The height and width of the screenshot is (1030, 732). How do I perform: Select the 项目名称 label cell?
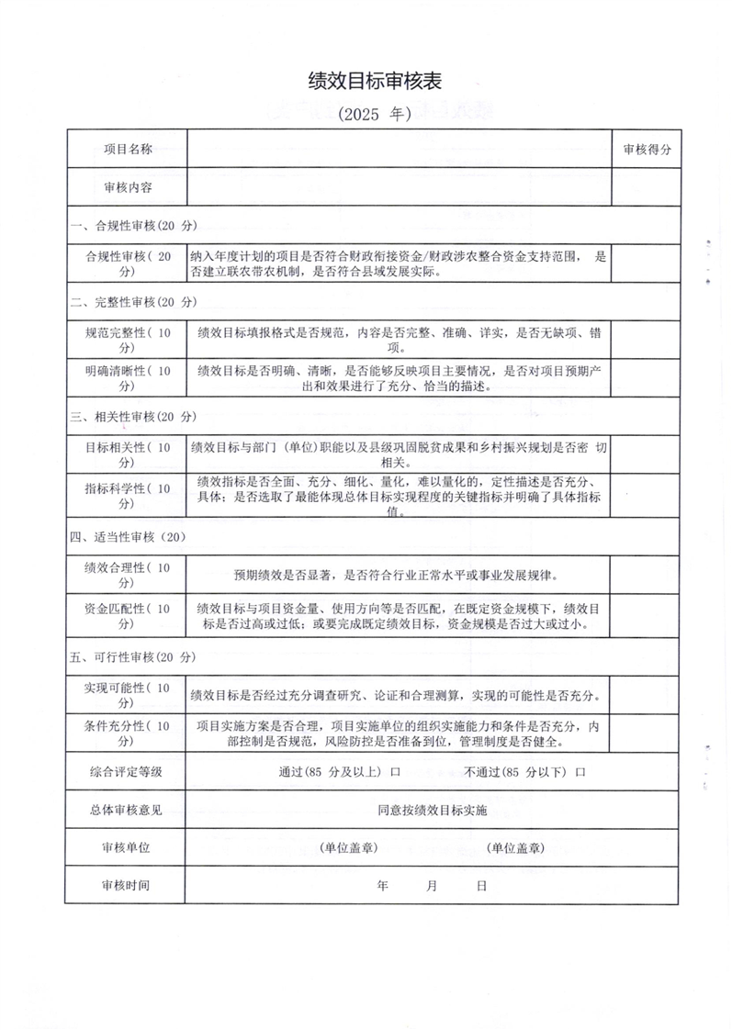pos(128,149)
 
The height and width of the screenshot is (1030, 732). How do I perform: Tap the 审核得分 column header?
pos(648,149)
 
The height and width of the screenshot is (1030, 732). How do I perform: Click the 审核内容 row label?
pos(128,187)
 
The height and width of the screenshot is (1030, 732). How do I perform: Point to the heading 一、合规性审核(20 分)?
pos(134,225)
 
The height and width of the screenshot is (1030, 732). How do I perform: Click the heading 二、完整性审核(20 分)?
pos(134,302)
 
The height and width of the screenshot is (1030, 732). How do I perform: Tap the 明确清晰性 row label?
pos(127,378)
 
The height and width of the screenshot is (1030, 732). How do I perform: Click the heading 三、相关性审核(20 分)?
pos(134,417)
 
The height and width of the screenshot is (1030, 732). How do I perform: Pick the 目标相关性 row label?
pos(127,454)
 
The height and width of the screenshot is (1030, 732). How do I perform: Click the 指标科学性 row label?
pos(127,496)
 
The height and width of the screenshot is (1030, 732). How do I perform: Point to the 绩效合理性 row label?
pos(127,576)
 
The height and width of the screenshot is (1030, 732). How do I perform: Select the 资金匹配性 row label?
pos(127,616)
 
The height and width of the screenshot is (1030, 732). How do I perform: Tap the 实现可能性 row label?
pos(127,695)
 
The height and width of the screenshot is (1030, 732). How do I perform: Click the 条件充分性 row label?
pos(127,734)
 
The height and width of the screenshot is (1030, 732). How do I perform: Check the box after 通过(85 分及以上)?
pos(396,773)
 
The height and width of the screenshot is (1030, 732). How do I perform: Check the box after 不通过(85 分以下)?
pos(580,773)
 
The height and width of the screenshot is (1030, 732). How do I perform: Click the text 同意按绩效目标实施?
pos(432,812)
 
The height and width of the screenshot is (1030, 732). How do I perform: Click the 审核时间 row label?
pos(127,887)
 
